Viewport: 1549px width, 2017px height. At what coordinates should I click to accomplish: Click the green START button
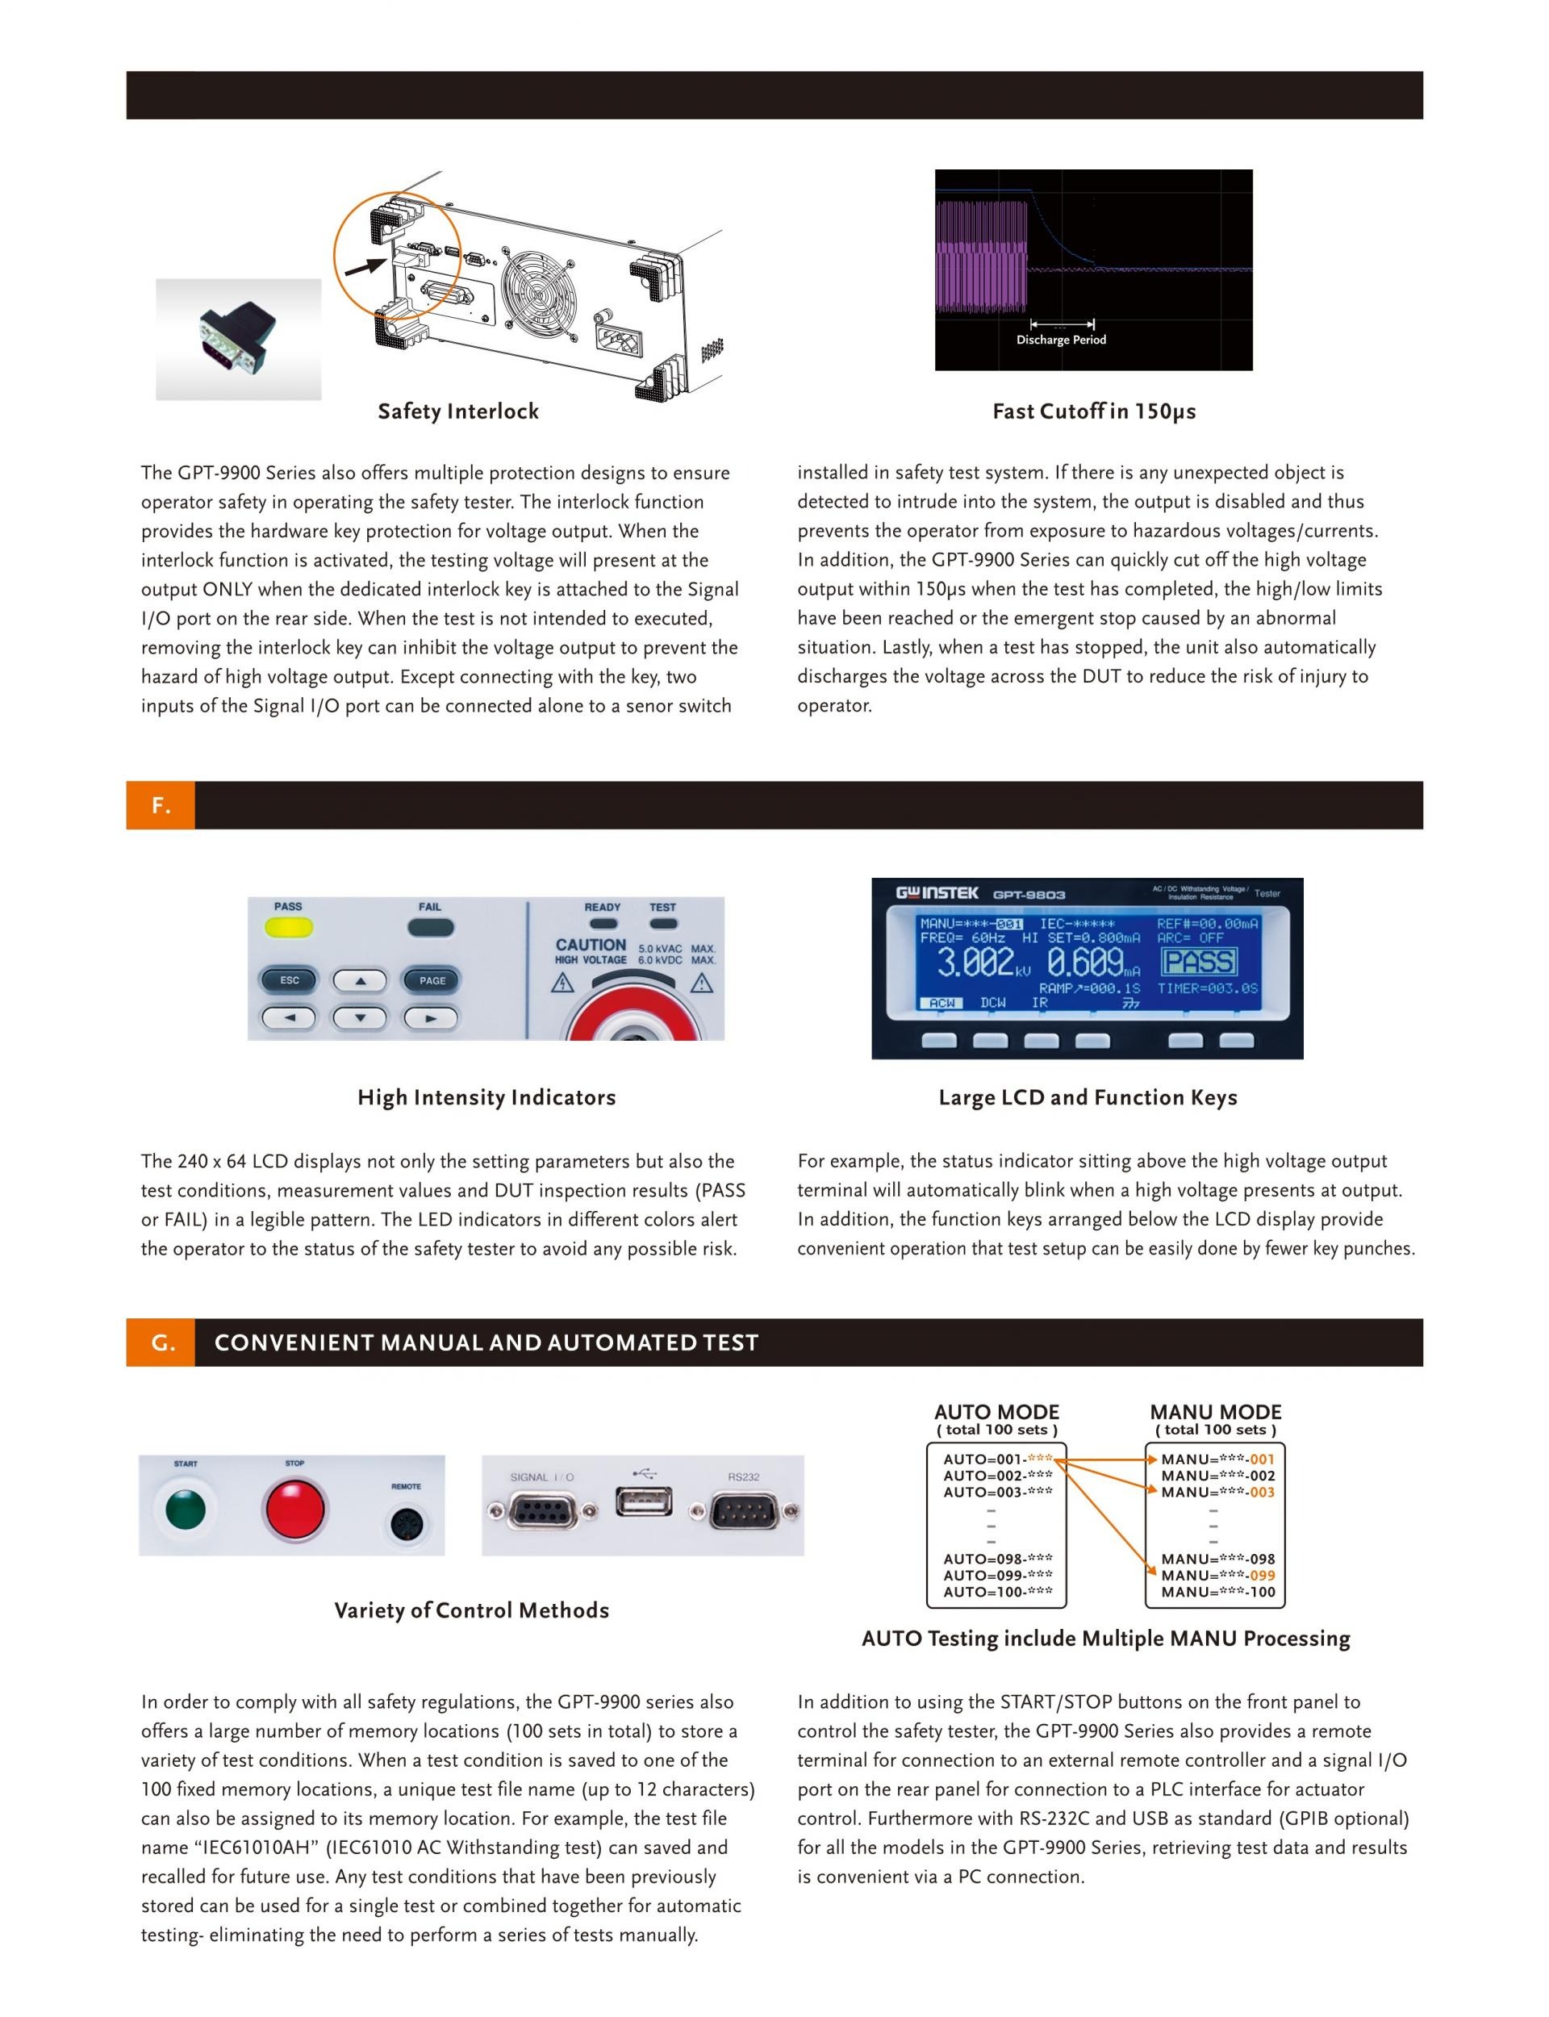pyautogui.click(x=185, y=1509)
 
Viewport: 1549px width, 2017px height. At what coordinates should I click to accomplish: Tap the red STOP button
pyautogui.click(x=295, y=1509)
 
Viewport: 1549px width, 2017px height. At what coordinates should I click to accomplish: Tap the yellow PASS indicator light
pyautogui.click(x=289, y=927)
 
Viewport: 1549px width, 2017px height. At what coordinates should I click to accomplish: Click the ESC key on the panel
pyautogui.click(x=290, y=980)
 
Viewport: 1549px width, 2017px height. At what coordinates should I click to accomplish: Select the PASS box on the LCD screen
pyautogui.click(x=1200, y=962)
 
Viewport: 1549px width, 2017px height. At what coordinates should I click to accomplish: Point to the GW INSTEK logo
pyautogui.click(x=937, y=892)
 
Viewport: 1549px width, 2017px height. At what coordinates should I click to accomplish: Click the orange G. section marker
pyautogui.click(x=161, y=1343)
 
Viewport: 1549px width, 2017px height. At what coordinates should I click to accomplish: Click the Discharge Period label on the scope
pyautogui.click(x=1061, y=340)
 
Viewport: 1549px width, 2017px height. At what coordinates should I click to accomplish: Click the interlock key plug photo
pyautogui.click(x=238, y=338)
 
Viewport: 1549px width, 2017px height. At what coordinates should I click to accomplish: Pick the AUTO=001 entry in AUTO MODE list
pyautogui.click(x=996, y=1460)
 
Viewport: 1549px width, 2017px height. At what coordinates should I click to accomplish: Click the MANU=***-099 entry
pyautogui.click(x=1217, y=1576)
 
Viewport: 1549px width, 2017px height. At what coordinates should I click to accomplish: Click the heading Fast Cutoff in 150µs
pyautogui.click(x=1093, y=411)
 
